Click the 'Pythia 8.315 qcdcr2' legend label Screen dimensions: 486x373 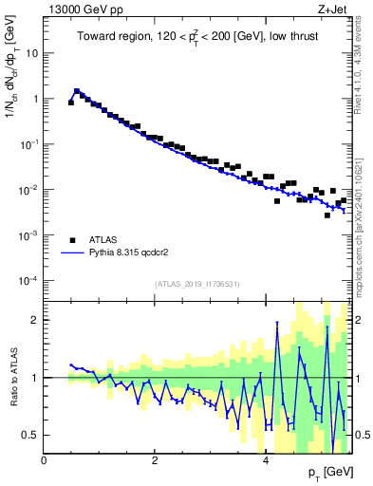tap(134, 253)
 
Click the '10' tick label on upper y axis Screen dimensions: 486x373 tap(31, 53)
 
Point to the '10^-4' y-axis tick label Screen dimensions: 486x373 tap(28, 281)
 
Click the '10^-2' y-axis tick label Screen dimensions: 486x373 tap(28, 190)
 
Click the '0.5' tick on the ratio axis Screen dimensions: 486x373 tap(31, 435)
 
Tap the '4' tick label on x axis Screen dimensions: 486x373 tap(266, 460)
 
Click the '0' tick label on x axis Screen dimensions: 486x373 tap(45, 460)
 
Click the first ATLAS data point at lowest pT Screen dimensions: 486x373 tap(71, 102)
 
